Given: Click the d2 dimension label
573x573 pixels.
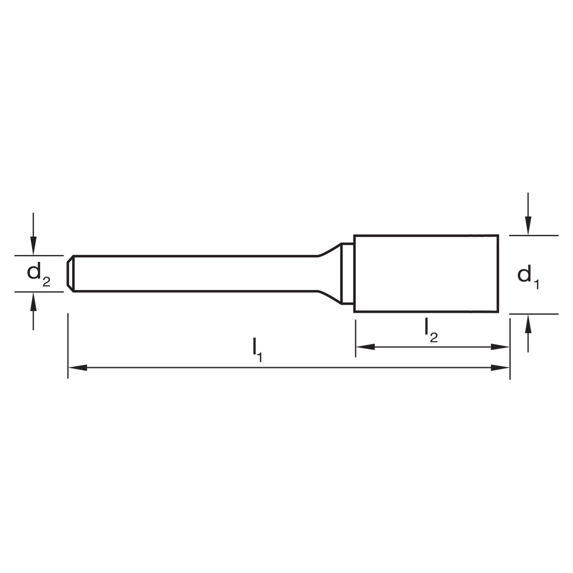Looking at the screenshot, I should point(38,274).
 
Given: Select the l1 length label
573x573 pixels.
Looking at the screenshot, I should point(257,350).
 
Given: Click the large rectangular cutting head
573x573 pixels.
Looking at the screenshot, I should point(426,273).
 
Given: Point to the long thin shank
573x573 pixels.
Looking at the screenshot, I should point(195,273).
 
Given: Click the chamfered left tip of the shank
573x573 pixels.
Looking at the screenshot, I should point(70,273).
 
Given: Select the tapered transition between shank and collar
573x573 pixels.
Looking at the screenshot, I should point(329,273).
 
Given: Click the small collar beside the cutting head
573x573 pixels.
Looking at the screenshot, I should point(347,273).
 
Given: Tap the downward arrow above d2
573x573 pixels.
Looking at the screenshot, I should point(33,246).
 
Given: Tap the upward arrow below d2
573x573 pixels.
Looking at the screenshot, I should point(33,300).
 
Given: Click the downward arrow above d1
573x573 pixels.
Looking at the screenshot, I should point(528,225).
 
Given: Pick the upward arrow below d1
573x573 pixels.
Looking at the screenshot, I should point(528,324).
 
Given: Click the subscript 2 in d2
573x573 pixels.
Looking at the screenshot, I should point(46,281).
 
